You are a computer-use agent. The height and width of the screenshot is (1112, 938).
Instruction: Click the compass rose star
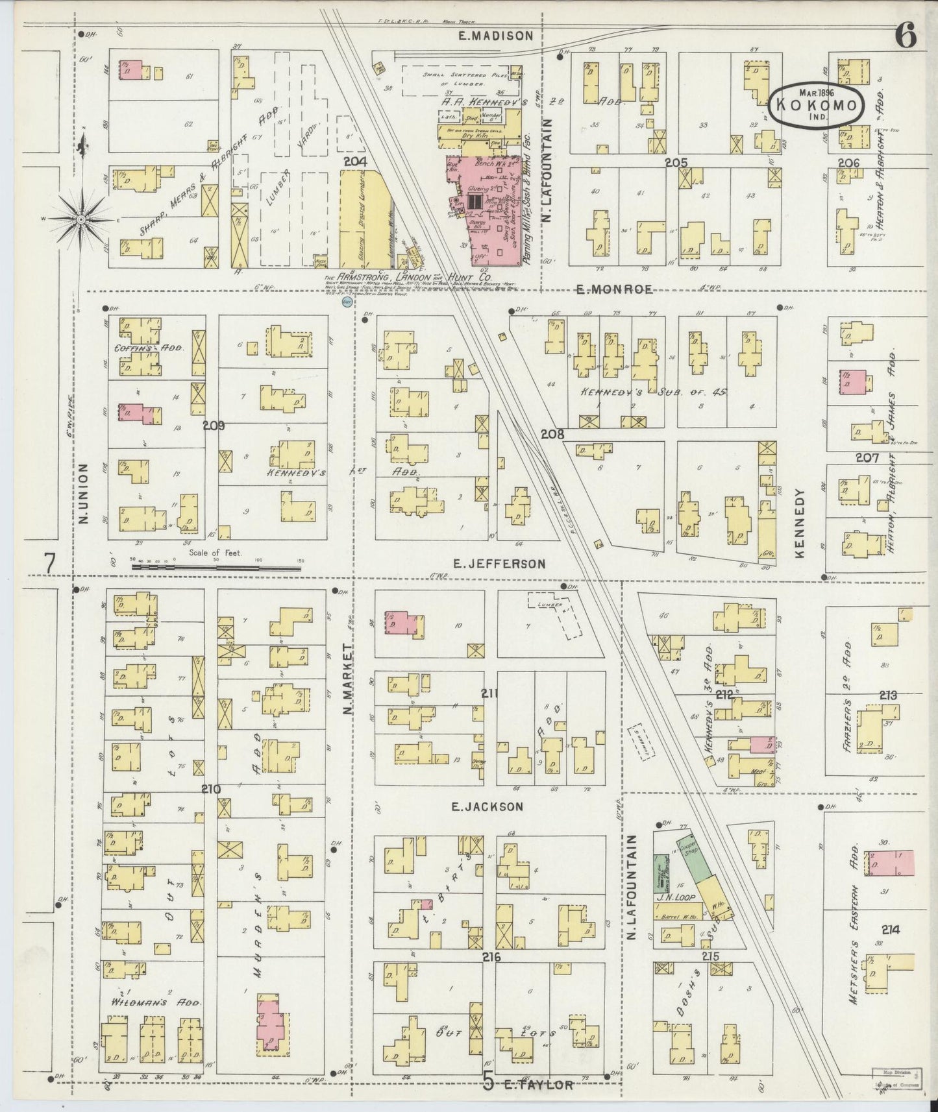[81, 220]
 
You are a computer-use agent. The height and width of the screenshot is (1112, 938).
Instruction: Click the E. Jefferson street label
[499, 564]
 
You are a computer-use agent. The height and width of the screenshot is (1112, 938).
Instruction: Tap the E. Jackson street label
[487, 806]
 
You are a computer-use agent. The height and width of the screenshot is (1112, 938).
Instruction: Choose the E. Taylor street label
[537, 1084]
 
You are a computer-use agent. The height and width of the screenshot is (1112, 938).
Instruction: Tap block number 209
[213, 426]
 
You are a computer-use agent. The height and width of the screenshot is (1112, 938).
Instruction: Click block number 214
[891, 930]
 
